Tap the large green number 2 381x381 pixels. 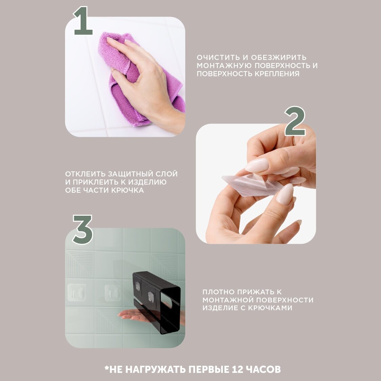point(295,121)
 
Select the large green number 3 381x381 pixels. point(83,229)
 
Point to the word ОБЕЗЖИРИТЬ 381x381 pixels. point(279,58)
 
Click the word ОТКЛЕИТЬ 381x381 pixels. point(85,174)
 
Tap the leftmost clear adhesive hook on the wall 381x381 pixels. point(77,292)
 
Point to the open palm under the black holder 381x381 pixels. point(139,315)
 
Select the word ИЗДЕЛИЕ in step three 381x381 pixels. point(217,308)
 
